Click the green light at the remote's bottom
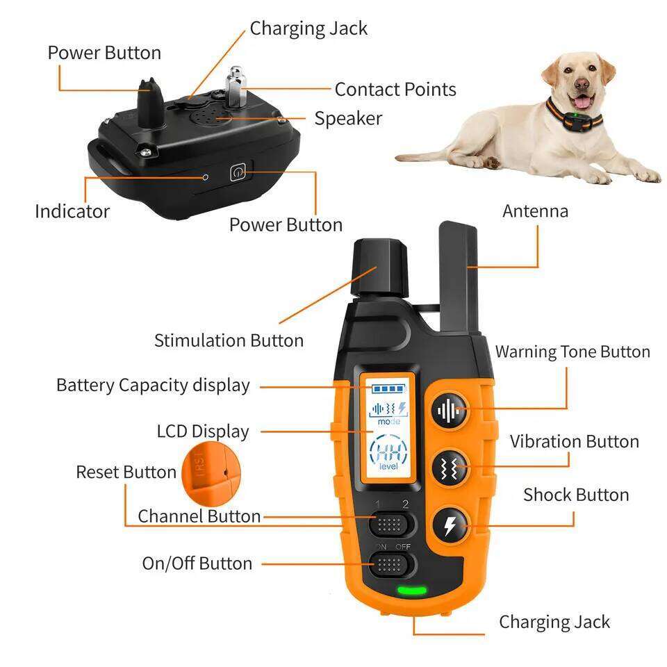point(412,591)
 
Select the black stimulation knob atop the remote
point(379,267)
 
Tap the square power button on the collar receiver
point(238,171)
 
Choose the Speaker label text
point(347,118)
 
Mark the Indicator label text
point(72,211)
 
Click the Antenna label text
point(535,211)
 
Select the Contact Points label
point(395,90)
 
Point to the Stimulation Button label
point(229,340)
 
